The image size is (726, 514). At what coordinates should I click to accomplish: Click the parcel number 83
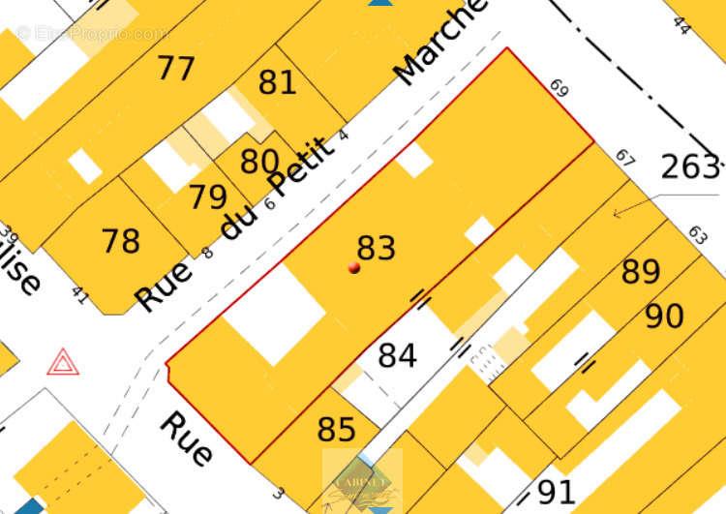click(x=377, y=249)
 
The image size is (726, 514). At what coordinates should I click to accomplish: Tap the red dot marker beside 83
click(x=354, y=267)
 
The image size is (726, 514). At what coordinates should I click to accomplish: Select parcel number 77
click(x=176, y=69)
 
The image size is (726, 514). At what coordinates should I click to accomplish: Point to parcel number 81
click(x=278, y=83)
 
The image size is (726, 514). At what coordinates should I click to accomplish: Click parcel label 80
click(x=259, y=162)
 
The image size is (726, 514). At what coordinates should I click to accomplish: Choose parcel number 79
click(x=208, y=197)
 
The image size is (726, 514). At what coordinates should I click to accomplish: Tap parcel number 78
click(x=121, y=241)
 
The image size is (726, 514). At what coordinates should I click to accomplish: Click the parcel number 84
click(x=397, y=356)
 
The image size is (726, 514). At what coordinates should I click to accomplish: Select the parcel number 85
click(x=336, y=430)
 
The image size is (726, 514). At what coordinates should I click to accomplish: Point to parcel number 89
click(x=641, y=273)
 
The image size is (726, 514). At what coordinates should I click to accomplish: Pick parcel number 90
click(x=664, y=317)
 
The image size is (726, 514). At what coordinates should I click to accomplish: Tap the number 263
click(x=690, y=167)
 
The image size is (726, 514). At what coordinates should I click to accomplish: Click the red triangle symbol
click(x=62, y=362)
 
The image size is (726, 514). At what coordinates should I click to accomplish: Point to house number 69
click(x=559, y=89)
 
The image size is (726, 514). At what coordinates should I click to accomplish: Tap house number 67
click(x=625, y=158)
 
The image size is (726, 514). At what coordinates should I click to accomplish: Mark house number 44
click(x=681, y=26)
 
